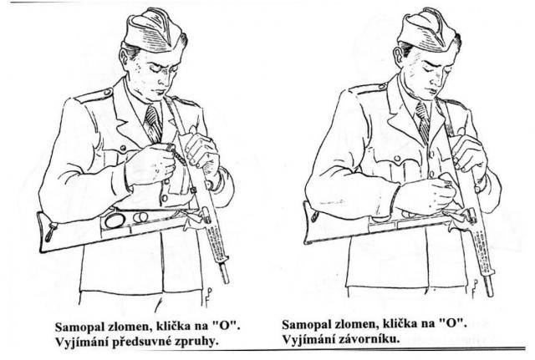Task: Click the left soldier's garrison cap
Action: pyautogui.click(x=154, y=30)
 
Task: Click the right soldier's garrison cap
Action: pyautogui.click(x=427, y=30)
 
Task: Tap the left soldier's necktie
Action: pyautogui.click(x=153, y=124)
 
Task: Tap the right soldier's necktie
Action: pyautogui.click(x=423, y=122)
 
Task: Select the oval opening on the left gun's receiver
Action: pyautogui.click(x=115, y=221)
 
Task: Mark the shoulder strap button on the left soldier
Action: pyautogui.click(x=107, y=92)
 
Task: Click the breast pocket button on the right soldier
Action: pyautogui.click(x=396, y=159)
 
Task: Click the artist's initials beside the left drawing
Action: pyautogui.click(x=208, y=297)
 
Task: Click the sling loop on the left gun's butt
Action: pyautogui.click(x=50, y=231)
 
